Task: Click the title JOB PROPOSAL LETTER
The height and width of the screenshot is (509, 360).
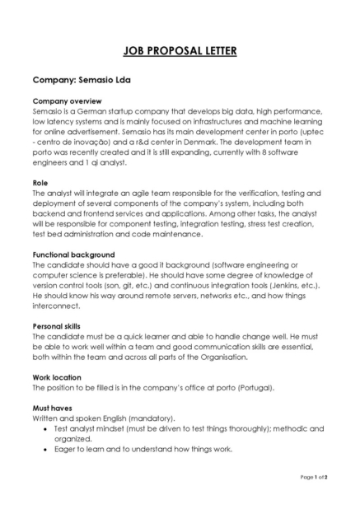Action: tap(180, 51)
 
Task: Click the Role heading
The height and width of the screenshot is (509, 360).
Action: tap(40, 182)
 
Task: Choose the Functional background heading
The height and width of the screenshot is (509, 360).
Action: tap(73, 254)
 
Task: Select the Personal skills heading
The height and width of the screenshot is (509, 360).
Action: tap(59, 326)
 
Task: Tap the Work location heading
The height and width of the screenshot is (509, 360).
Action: tap(59, 377)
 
